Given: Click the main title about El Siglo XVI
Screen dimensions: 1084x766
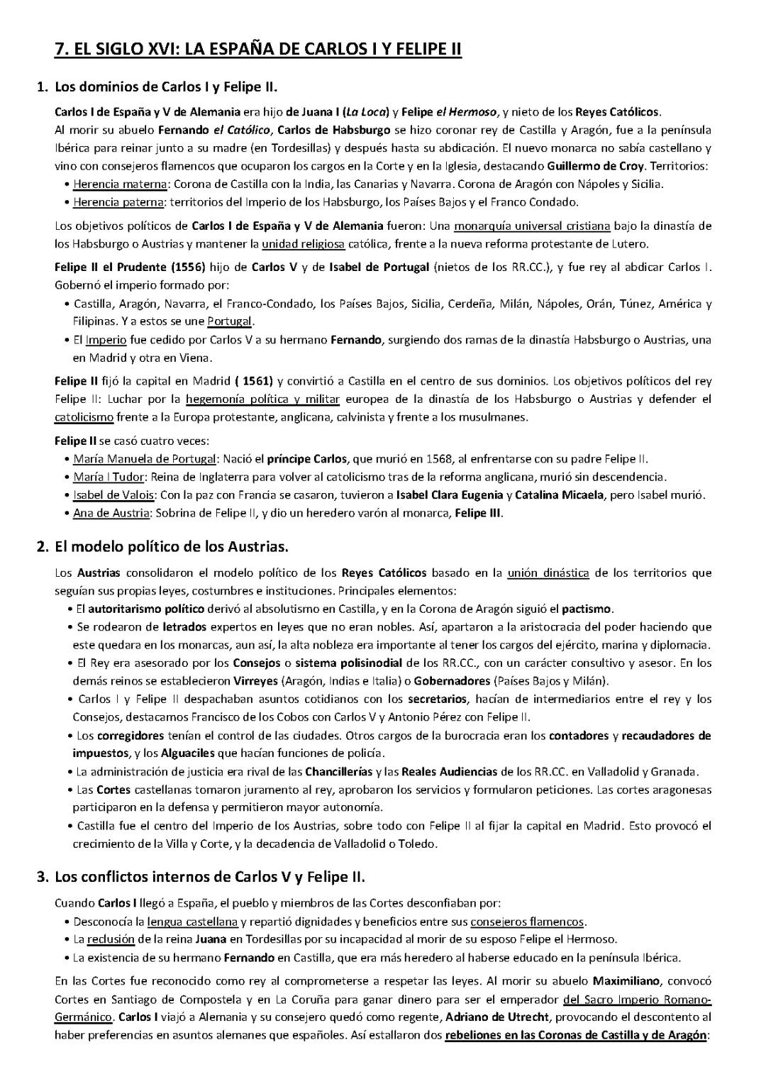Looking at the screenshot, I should click(x=258, y=49).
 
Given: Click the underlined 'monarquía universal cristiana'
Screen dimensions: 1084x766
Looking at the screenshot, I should click(x=532, y=226).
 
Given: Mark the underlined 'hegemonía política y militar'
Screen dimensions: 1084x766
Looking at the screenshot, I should click(x=262, y=399).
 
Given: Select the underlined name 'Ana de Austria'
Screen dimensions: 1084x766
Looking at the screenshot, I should click(x=111, y=513).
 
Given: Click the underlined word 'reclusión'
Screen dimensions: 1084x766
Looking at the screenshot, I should click(x=111, y=939).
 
